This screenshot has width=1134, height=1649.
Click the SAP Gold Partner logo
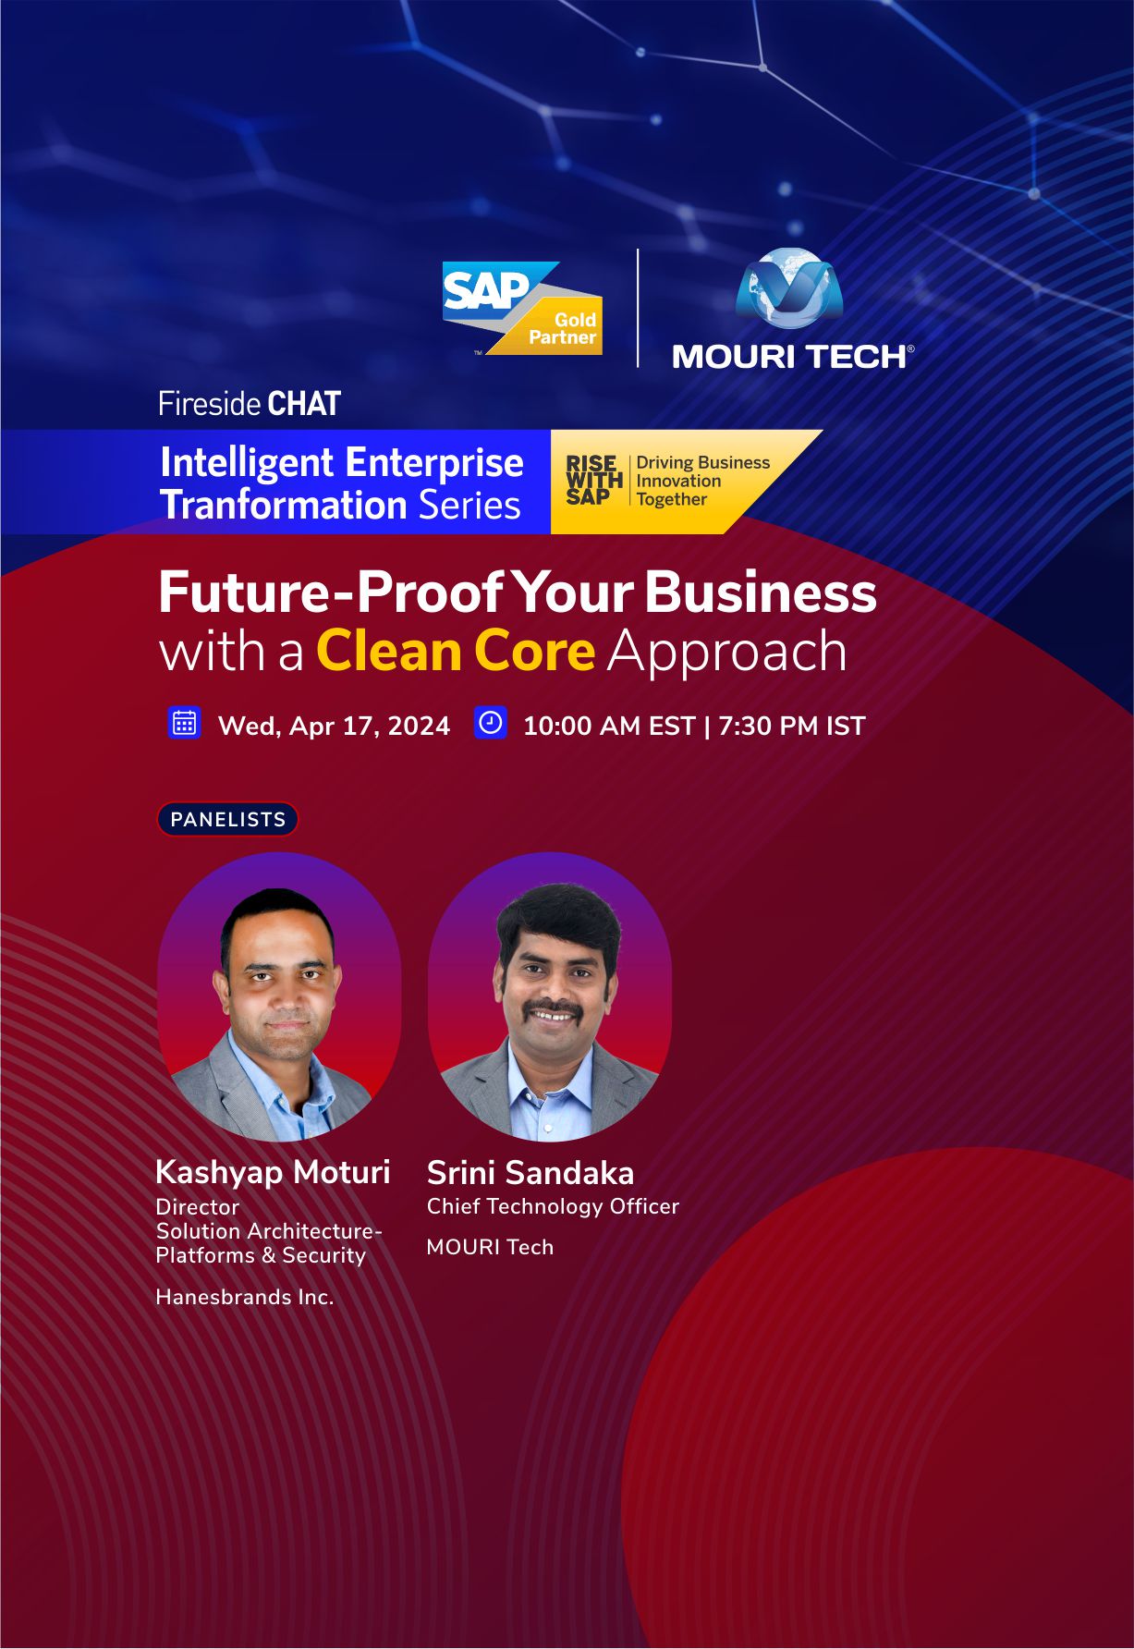(x=522, y=309)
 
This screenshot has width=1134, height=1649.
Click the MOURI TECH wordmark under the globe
(x=793, y=357)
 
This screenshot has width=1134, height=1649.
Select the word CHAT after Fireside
(x=304, y=404)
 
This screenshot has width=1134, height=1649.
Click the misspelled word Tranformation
(x=283, y=505)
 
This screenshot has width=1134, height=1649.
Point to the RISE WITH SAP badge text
(x=593, y=481)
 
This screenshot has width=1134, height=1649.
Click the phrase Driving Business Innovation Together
(x=702, y=481)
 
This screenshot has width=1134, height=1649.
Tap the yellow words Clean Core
(x=456, y=651)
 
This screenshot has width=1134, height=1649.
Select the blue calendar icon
(x=185, y=723)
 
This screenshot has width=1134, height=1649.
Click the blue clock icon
(x=490, y=723)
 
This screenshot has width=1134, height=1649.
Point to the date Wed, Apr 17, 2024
(x=334, y=727)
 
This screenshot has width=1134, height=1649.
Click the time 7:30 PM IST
(x=791, y=726)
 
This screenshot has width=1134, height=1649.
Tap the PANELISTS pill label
(x=227, y=819)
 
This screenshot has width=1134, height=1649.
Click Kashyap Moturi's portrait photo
(x=279, y=996)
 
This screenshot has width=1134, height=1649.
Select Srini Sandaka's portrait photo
(x=550, y=996)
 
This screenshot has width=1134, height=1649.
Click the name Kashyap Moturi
(x=273, y=1173)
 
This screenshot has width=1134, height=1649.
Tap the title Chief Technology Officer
(x=553, y=1206)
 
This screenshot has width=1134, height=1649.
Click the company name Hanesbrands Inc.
(x=245, y=1297)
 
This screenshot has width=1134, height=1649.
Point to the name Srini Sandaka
(x=530, y=1173)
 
